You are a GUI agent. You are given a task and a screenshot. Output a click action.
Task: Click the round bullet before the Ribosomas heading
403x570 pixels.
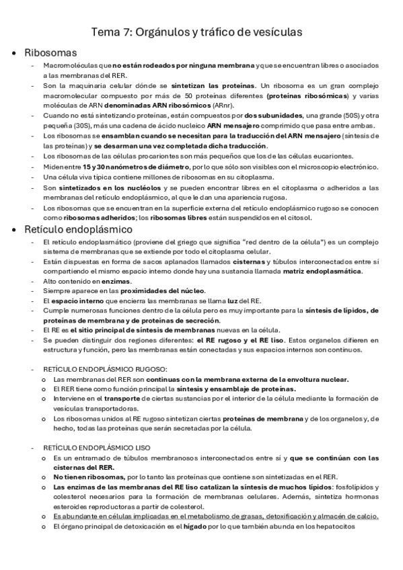[x=15, y=52]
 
